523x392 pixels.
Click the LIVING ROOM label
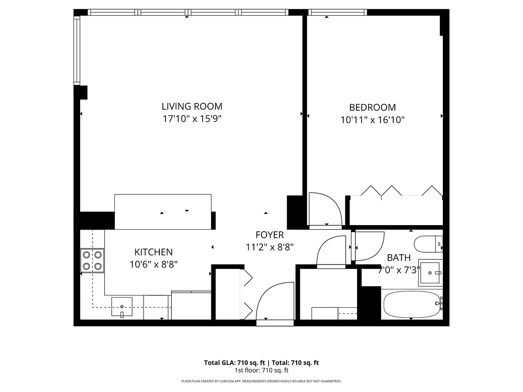192,107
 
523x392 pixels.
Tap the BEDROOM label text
372,108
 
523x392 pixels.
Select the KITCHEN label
153,252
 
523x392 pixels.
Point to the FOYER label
270,235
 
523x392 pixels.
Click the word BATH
398,258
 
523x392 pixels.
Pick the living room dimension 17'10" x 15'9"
192,119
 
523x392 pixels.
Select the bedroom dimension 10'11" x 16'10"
372,120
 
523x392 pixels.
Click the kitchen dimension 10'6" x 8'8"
153,264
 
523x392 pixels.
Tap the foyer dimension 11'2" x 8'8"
270,247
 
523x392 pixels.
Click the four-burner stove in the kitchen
92,260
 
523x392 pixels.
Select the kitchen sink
122,306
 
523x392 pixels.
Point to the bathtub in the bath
412,304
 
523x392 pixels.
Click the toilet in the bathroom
427,244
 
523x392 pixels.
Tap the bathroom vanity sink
430,273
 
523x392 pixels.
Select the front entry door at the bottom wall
274,302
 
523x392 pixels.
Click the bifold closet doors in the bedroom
401,191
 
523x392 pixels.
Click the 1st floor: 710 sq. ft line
261,370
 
